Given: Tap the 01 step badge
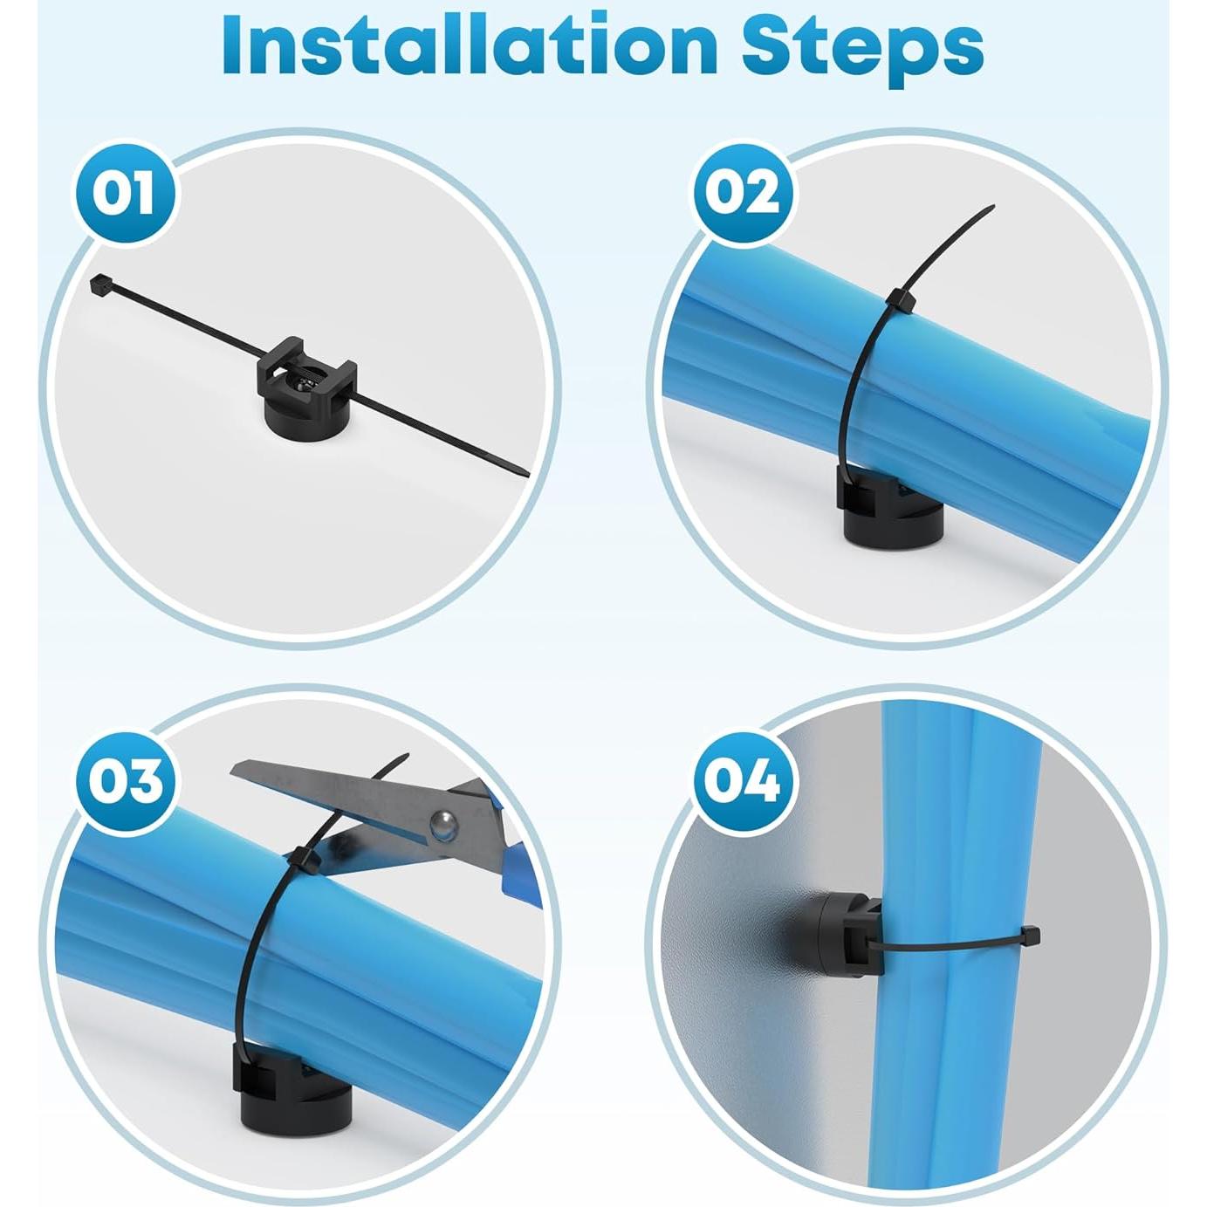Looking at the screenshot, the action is point(126,193).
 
